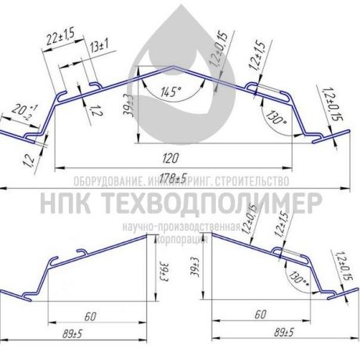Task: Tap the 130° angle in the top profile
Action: coord(275,121)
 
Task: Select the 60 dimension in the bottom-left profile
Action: coord(91,315)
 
